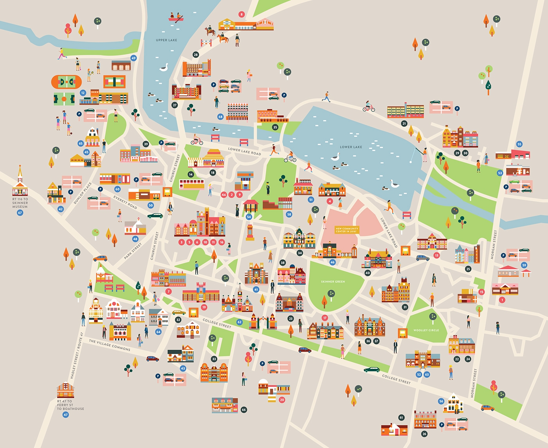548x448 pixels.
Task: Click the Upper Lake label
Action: [x=166, y=40]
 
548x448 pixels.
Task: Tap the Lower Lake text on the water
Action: [x=351, y=147]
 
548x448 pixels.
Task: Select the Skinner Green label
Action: [x=333, y=282]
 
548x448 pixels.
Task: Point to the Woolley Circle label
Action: [x=426, y=330]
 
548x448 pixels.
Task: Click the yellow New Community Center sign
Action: [x=347, y=230]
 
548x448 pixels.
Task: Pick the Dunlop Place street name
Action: [x=83, y=193]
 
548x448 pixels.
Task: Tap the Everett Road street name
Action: [x=125, y=202]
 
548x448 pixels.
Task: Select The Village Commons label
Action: [x=110, y=345]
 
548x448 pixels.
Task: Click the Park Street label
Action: [x=133, y=251]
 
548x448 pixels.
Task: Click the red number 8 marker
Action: [x=242, y=14]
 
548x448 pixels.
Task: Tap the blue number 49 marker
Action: [x=133, y=58]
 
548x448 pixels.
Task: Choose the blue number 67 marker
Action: [x=20, y=213]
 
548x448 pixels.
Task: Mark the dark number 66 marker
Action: [x=244, y=410]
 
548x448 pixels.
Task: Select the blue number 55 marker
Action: [x=519, y=144]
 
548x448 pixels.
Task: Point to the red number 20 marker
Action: [x=282, y=400]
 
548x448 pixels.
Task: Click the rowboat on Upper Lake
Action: [x=176, y=18]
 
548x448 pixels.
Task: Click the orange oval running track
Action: [x=66, y=82]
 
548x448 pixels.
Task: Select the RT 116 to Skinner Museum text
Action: [x=20, y=203]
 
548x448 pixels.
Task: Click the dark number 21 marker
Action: [x=404, y=123]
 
